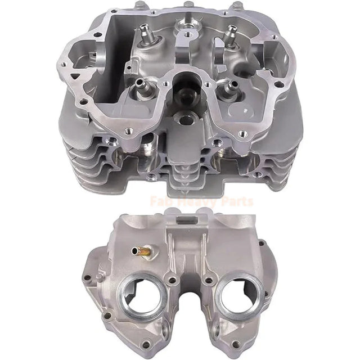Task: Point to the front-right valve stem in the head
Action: (x=228, y=87)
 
